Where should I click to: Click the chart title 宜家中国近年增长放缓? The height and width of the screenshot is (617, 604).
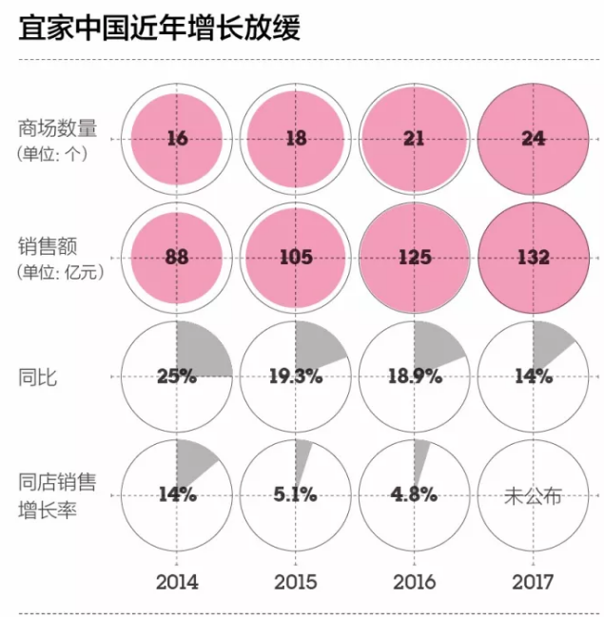click(x=160, y=27)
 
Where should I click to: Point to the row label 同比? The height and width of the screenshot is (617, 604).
click(x=38, y=376)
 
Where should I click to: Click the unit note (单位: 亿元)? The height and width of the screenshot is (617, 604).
click(x=60, y=272)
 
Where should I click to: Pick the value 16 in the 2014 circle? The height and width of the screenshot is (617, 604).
click(x=177, y=139)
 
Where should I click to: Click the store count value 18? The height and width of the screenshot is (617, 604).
click(x=296, y=139)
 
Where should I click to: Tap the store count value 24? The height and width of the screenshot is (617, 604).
click(x=533, y=139)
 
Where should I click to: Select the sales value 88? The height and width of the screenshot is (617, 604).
click(x=177, y=258)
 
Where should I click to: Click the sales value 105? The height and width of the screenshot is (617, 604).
click(x=296, y=258)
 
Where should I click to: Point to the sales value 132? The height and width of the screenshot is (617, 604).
click(x=533, y=258)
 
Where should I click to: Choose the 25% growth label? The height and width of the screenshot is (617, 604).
click(x=177, y=376)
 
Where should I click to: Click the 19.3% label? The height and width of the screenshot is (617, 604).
click(x=296, y=376)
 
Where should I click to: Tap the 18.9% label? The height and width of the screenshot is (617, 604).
click(x=414, y=376)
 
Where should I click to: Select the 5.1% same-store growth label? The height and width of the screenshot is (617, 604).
click(x=296, y=494)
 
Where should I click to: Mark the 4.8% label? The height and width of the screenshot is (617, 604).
click(x=414, y=494)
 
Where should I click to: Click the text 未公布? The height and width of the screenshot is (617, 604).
click(x=533, y=494)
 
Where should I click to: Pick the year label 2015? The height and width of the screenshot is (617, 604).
click(x=296, y=581)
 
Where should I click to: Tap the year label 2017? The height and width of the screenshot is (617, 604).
click(x=533, y=581)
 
